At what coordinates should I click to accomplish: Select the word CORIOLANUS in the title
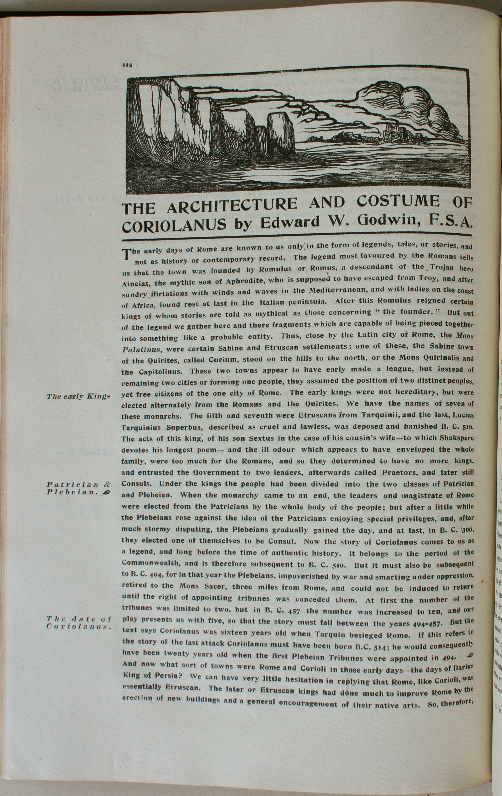point(174,226)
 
